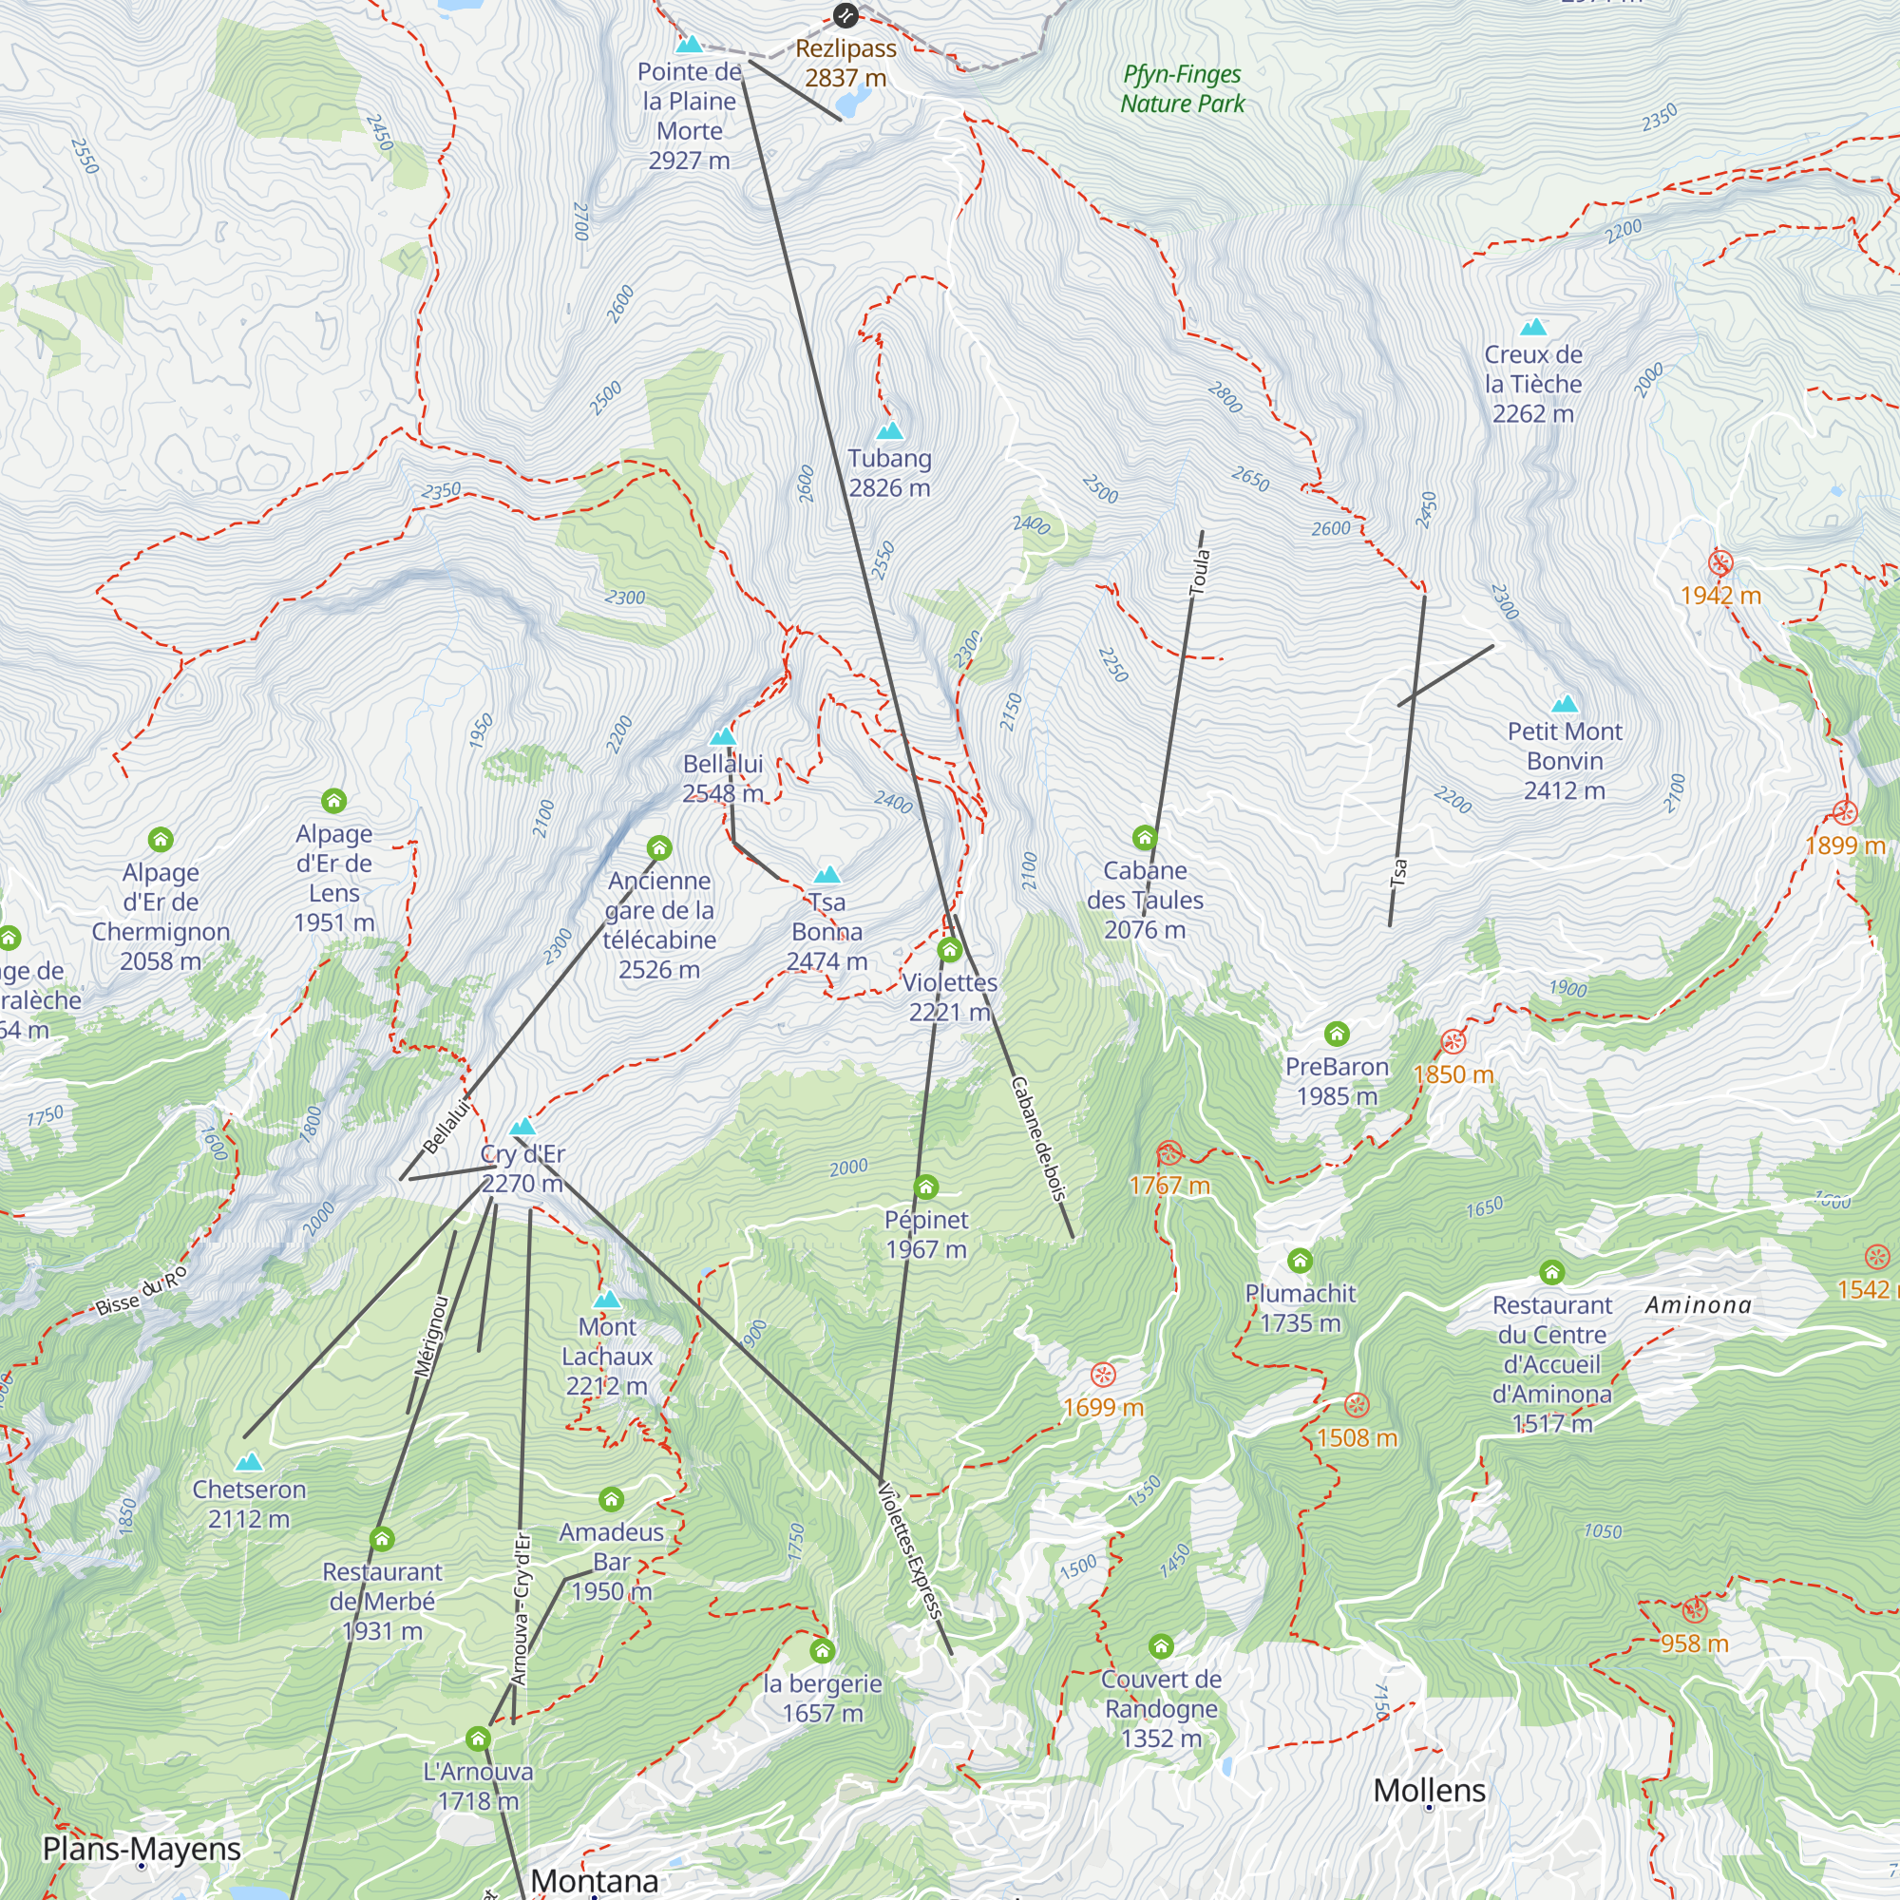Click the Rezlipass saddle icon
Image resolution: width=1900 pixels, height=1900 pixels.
click(845, 15)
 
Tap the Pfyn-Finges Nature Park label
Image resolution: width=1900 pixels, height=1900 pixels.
click(1182, 88)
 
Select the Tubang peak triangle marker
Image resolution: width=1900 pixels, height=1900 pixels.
click(889, 430)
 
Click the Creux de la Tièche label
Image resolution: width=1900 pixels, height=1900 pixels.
click(1533, 384)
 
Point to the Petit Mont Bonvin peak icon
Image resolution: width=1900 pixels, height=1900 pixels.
click(1564, 704)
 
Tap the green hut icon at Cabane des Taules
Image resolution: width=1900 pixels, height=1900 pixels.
click(1144, 838)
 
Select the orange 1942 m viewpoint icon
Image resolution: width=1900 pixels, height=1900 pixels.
click(1720, 563)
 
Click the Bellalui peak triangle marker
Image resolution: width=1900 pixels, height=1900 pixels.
click(723, 736)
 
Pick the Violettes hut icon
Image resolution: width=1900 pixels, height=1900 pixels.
click(949, 950)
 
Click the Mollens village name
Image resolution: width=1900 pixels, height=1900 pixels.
click(1429, 1790)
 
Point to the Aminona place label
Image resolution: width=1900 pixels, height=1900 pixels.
click(1699, 1305)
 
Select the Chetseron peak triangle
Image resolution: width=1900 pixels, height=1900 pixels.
click(249, 1461)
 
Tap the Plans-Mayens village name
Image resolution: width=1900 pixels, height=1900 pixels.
click(142, 1848)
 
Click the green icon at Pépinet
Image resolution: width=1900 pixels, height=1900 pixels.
click(925, 1187)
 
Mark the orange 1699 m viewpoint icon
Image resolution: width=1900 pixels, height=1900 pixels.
click(1103, 1375)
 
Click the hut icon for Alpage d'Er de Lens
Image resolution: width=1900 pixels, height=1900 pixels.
click(333, 801)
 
